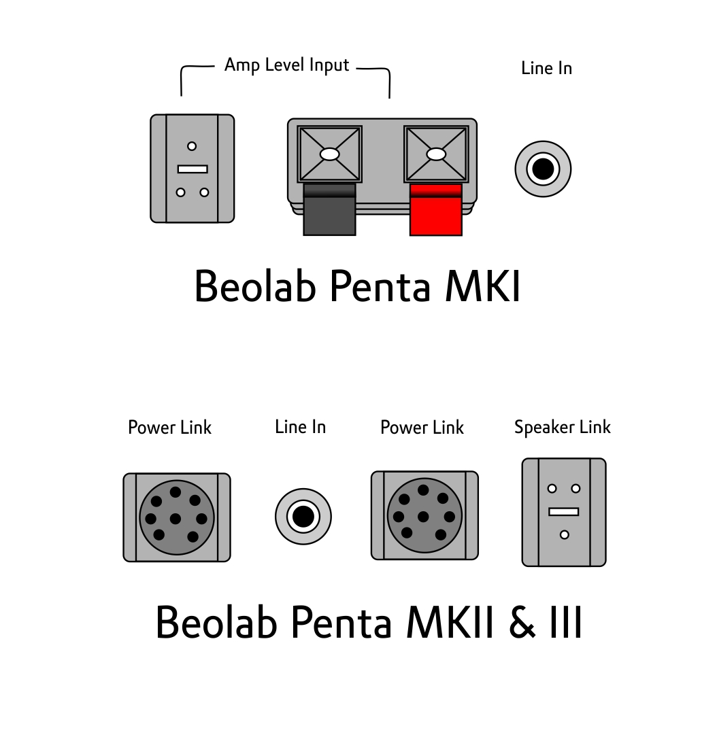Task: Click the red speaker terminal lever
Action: (435, 209)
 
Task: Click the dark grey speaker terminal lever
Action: (329, 209)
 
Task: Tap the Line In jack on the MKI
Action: (543, 169)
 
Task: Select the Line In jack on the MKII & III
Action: (303, 516)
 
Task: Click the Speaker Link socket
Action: (564, 512)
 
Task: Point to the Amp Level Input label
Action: (287, 65)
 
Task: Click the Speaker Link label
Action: (563, 428)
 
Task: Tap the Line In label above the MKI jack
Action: (547, 69)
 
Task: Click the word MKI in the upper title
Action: (483, 286)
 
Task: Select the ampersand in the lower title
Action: (522, 622)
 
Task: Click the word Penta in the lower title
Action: (341, 622)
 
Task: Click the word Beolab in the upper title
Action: (255, 285)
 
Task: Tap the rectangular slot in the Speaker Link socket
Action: (564, 512)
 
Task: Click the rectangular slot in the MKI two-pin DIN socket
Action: (193, 169)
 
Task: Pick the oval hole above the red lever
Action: (436, 154)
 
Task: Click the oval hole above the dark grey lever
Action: (330, 154)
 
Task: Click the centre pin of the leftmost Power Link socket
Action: (176, 519)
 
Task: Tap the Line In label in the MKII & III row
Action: (301, 427)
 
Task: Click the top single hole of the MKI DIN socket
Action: (192, 146)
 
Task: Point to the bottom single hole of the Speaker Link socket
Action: (564, 534)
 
